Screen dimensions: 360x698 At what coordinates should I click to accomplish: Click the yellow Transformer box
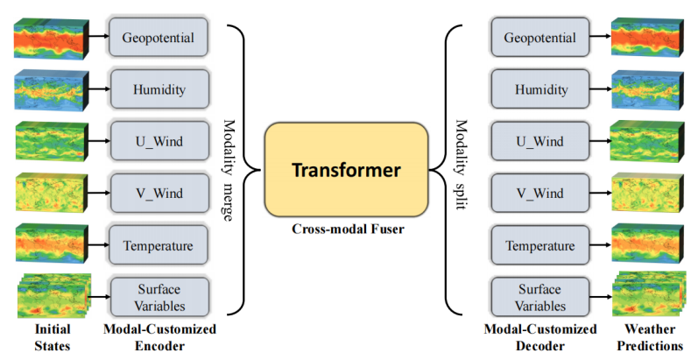346,169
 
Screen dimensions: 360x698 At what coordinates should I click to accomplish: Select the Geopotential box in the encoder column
159,39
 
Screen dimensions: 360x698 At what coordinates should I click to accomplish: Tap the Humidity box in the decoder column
539,89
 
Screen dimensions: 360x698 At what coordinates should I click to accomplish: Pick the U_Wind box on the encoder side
159,139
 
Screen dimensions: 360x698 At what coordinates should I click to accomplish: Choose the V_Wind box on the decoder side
539,194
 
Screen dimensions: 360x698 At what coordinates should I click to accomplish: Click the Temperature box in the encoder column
159,244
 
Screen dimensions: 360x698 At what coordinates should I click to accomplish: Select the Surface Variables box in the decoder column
539,297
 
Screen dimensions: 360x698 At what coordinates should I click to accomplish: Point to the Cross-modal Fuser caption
345,229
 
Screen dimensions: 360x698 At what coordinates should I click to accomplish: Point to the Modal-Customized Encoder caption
159,337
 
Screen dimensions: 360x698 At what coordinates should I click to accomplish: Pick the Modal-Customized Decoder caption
539,337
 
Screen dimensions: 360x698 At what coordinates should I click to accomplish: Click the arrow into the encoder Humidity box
98,89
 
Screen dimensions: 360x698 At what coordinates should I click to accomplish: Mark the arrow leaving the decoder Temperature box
600,245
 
